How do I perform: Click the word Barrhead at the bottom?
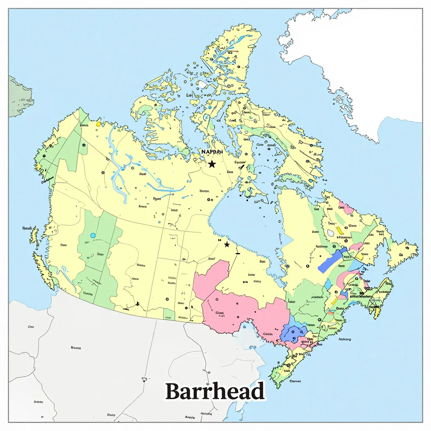(x=215, y=391)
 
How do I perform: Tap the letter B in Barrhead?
(x=173, y=391)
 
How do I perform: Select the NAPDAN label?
(x=212, y=152)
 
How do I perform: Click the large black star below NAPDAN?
(x=212, y=164)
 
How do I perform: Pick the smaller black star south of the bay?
(x=227, y=245)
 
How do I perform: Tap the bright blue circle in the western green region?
(x=93, y=235)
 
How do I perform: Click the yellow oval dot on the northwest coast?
(x=98, y=124)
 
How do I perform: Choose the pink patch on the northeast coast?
(x=346, y=208)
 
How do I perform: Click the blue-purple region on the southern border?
(x=293, y=333)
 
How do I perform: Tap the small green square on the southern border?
(x=169, y=314)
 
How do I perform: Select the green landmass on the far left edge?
(x=19, y=97)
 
